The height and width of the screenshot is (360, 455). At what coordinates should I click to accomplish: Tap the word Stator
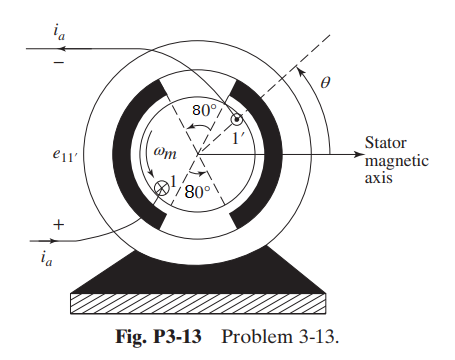[x=386, y=141]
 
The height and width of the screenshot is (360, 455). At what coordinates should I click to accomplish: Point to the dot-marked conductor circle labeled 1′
[x=236, y=121]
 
